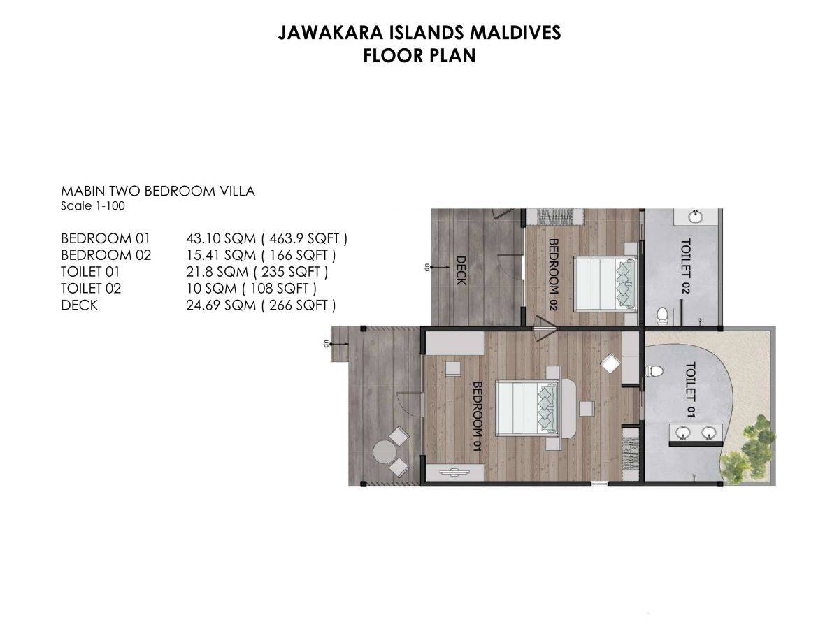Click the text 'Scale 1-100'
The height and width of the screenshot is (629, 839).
point(93,206)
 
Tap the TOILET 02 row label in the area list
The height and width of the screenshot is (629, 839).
point(91,289)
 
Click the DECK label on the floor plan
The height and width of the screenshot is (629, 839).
point(461,269)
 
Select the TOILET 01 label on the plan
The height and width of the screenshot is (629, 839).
point(690,390)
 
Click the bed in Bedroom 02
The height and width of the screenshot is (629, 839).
point(605,283)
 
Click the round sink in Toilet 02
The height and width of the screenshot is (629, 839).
point(696,216)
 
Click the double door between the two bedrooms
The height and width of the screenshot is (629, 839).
point(544,325)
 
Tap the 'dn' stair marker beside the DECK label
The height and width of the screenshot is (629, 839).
point(425,268)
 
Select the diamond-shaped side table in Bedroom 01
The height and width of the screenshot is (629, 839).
point(610,363)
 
